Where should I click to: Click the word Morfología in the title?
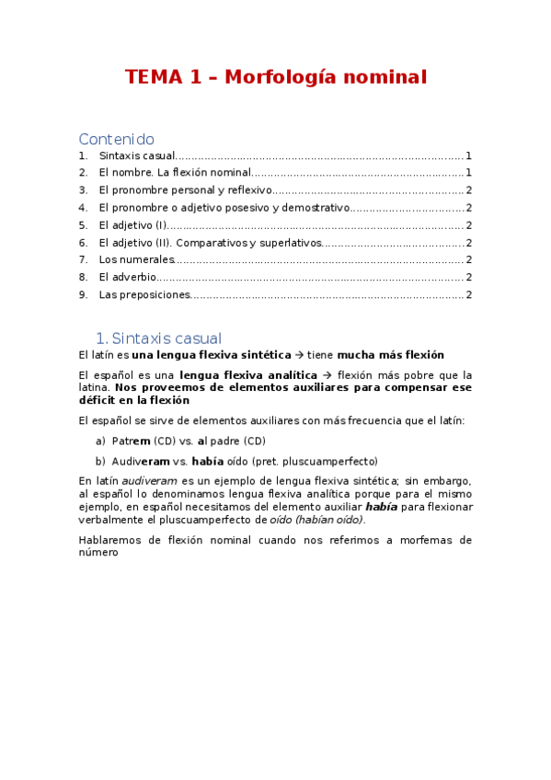pyautogui.click(x=283, y=77)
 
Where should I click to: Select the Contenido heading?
pyautogui.click(x=116, y=139)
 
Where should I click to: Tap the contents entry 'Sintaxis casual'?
pyautogui.click(x=136, y=156)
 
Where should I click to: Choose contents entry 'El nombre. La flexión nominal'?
pyautogui.click(x=175, y=173)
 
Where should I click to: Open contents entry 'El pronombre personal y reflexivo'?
pyautogui.click(x=185, y=190)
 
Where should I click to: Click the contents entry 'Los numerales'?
pyautogui.click(x=136, y=260)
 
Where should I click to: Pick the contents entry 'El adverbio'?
pyautogui.click(x=127, y=277)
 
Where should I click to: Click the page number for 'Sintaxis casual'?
pyautogui.click(x=468, y=156)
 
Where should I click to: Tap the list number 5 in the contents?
pyautogui.click(x=82, y=225)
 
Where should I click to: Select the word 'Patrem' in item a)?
pyautogui.click(x=131, y=442)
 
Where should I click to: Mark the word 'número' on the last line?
pyautogui.click(x=98, y=554)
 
